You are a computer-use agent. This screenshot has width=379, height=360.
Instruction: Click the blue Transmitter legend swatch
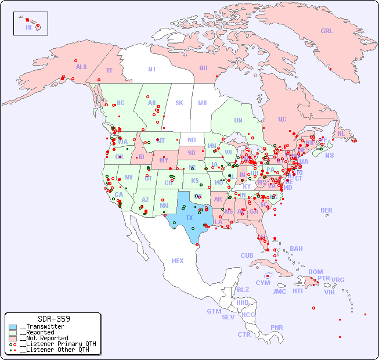13,327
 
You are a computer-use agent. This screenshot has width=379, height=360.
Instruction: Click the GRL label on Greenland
327,31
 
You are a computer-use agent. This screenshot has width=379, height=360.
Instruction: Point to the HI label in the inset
28,27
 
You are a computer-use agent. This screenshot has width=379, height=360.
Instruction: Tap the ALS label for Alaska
81,67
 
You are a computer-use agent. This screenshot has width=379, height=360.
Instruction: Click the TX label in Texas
189,218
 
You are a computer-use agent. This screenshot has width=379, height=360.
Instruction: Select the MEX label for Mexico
178,261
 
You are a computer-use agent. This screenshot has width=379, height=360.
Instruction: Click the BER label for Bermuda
327,210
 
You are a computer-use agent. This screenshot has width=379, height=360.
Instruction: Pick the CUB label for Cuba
247,255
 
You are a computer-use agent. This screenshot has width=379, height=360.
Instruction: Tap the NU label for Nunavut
203,68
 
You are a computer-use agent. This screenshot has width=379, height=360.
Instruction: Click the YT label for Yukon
109,70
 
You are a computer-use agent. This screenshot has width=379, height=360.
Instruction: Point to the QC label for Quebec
282,119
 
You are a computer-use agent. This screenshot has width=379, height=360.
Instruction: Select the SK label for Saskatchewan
179,103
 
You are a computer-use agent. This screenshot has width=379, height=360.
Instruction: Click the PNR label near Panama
277,327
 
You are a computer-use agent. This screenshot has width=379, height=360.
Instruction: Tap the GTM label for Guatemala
214,311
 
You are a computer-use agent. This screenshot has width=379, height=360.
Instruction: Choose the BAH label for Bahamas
296,249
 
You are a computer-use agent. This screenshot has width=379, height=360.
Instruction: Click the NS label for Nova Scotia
329,155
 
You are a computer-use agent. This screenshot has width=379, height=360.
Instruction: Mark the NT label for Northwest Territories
151,69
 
